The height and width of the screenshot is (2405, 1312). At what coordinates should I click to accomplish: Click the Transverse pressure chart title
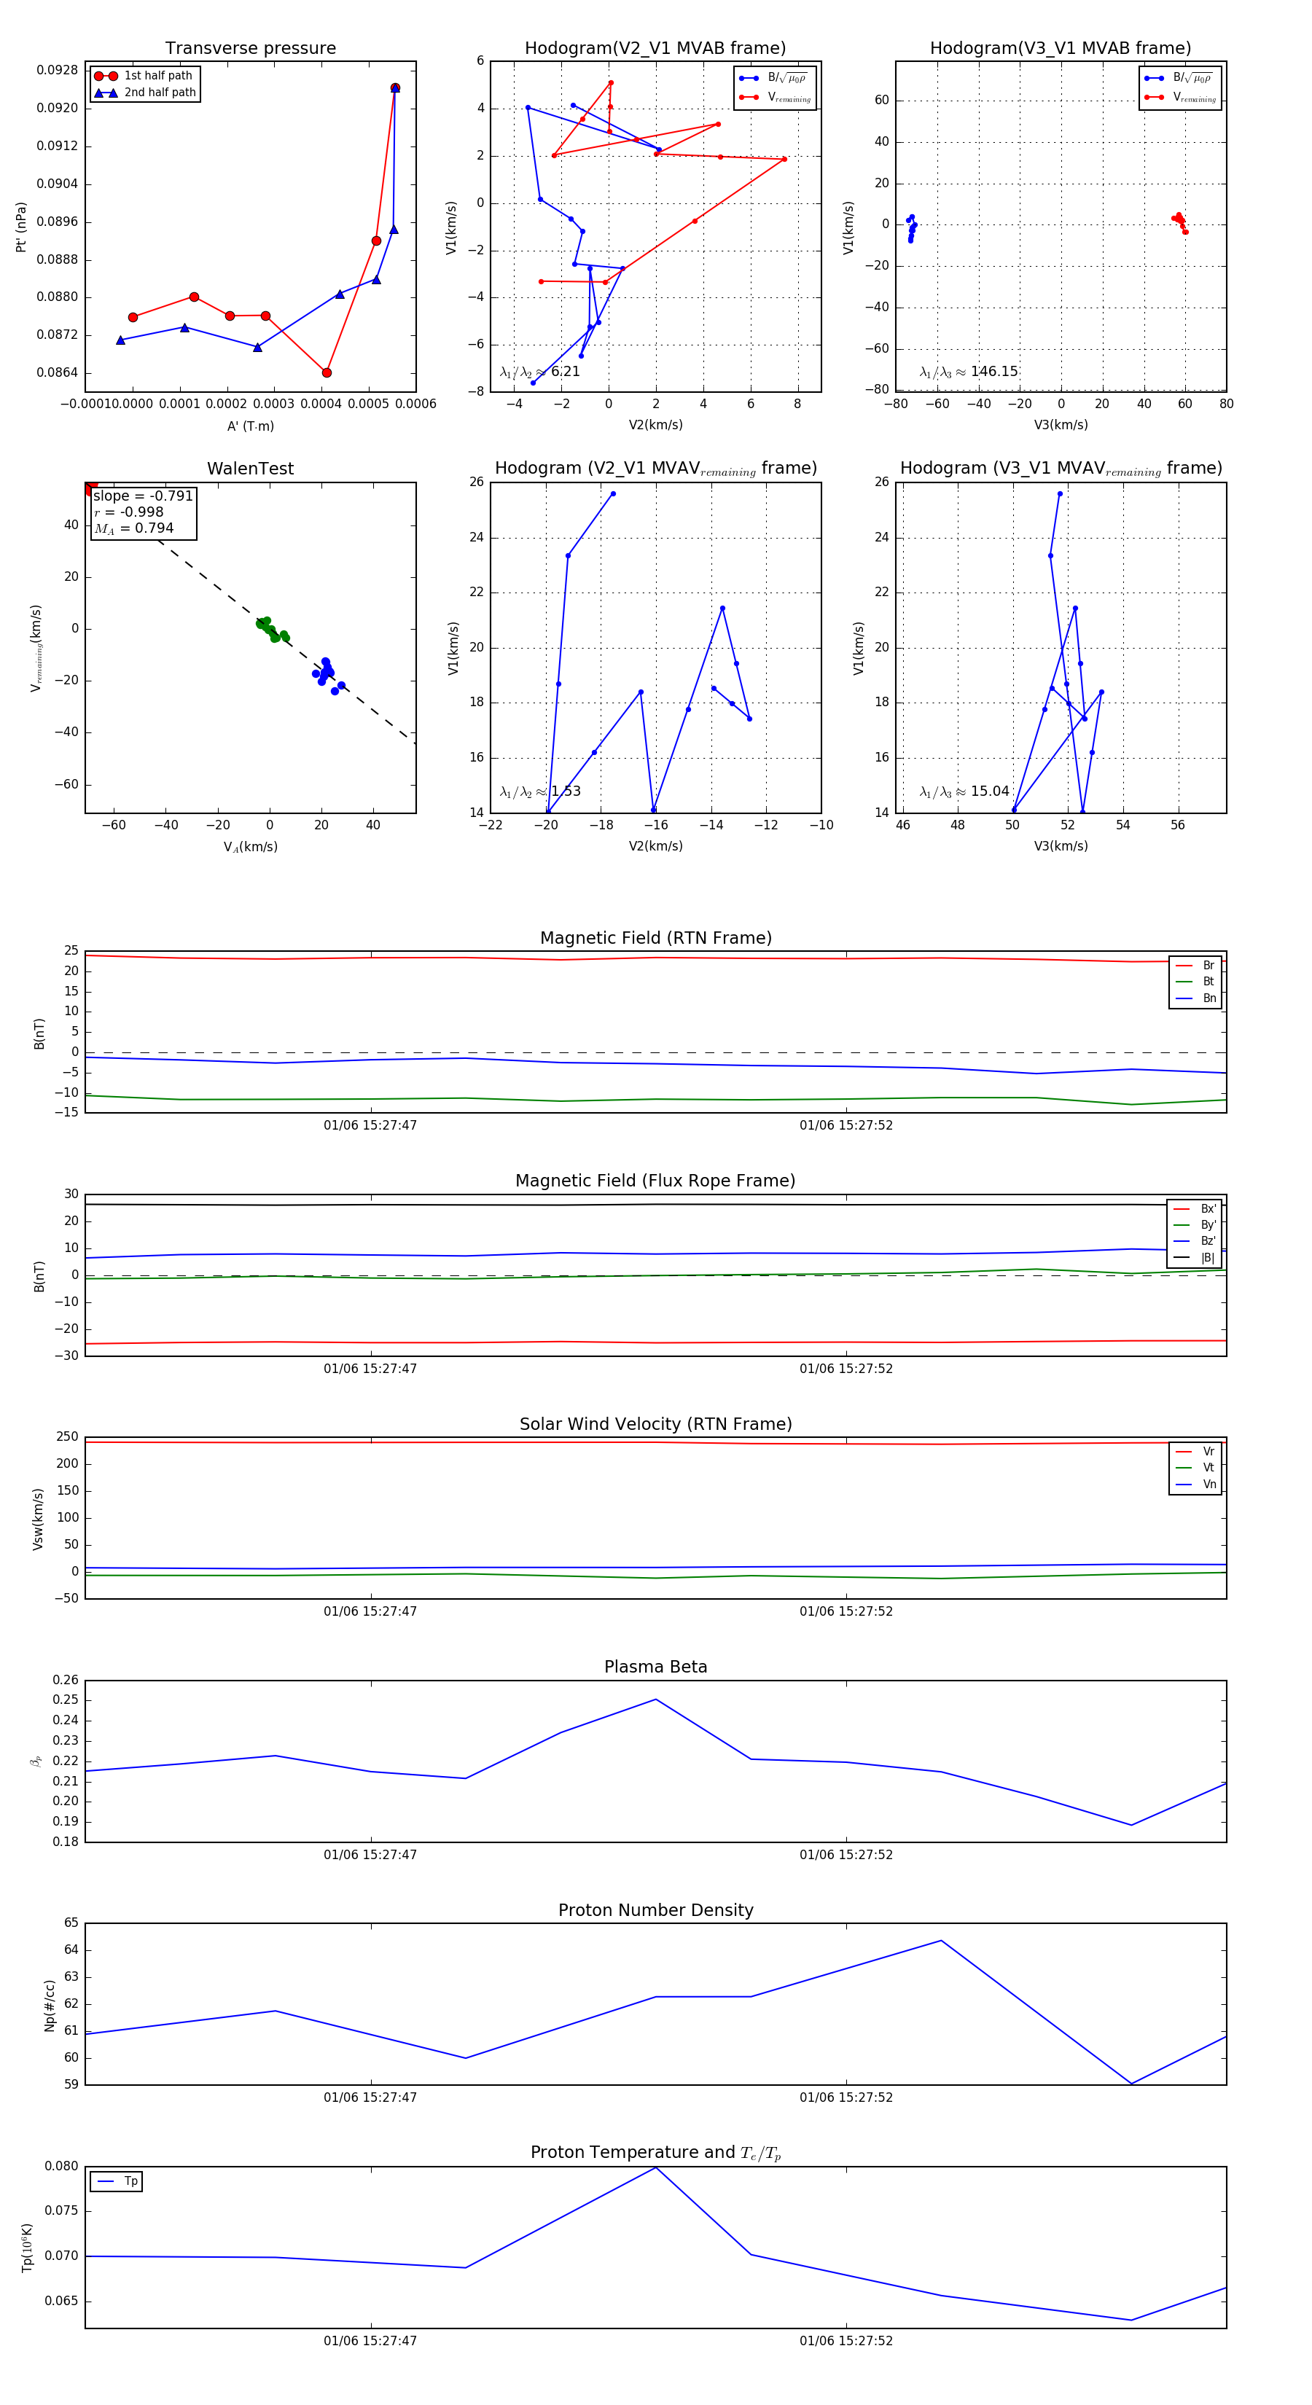pyautogui.click(x=250, y=49)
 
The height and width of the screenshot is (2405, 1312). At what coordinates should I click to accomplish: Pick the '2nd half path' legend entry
pyautogui.click(x=160, y=93)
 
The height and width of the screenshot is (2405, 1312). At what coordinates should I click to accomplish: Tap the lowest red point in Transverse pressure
pyautogui.click(x=327, y=372)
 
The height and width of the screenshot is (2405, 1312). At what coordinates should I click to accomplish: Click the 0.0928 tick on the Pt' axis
pyautogui.click(x=57, y=70)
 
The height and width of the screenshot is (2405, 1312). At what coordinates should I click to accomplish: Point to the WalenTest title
pyautogui.click(x=250, y=469)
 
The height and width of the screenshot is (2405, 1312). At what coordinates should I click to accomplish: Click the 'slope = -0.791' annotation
pyautogui.click(x=143, y=496)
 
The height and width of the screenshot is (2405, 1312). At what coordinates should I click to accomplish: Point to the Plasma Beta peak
pyautogui.click(x=655, y=1700)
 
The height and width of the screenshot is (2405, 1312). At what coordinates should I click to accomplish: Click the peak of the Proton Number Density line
pyautogui.click(x=941, y=1941)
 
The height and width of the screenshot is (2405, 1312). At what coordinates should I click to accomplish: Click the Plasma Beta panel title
pyautogui.click(x=655, y=1667)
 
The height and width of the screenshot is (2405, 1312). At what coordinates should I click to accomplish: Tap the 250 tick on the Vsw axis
pyautogui.click(x=67, y=1437)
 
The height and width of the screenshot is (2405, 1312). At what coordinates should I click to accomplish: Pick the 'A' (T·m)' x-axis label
pyautogui.click(x=250, y=426)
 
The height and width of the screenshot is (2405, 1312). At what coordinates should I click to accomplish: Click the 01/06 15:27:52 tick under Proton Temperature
pyautogui.click(x=846, y=2341)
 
